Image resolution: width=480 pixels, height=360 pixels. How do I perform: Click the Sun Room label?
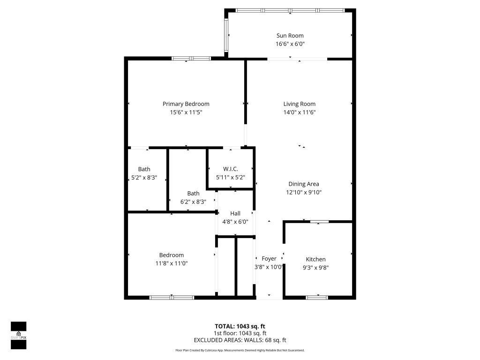[289, 36]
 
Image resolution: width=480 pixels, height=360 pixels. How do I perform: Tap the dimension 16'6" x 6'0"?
[289, 44]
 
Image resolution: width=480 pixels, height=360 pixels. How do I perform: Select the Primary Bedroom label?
[186, 104]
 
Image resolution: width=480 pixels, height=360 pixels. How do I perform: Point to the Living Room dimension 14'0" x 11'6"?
[299, 112]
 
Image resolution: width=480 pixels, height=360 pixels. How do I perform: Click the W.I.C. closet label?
[230, 169]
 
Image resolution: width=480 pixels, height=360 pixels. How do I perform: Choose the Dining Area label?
[303, 184]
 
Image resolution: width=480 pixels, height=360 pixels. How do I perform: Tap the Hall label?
[235, 214]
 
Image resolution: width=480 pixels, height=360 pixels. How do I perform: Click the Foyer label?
[269, 259]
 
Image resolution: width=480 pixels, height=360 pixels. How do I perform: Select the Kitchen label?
[315, 259]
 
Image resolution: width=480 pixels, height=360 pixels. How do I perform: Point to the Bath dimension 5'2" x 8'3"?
[144, 178]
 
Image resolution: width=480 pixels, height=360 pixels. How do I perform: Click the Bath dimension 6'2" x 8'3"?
[193, 202]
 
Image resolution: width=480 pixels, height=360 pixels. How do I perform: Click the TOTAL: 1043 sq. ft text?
[240, 326]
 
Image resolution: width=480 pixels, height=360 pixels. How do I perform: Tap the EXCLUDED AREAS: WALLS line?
[240, 340]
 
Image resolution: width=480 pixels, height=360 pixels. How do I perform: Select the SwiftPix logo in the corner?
[19, 335]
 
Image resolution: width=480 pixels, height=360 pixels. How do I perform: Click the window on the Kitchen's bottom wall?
[316, 297]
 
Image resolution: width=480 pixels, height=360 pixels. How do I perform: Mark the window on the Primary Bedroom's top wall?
[191, 59]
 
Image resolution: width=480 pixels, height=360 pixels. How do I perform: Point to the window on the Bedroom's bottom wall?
[172, 297]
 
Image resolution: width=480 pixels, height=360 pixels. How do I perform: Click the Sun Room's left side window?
[226, 36]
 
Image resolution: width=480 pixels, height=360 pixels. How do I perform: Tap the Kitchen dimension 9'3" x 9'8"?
[315, 268]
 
